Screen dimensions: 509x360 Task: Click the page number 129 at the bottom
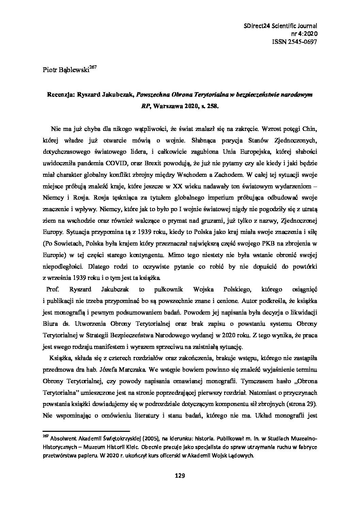pyautogui.click(x=180, y=476)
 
